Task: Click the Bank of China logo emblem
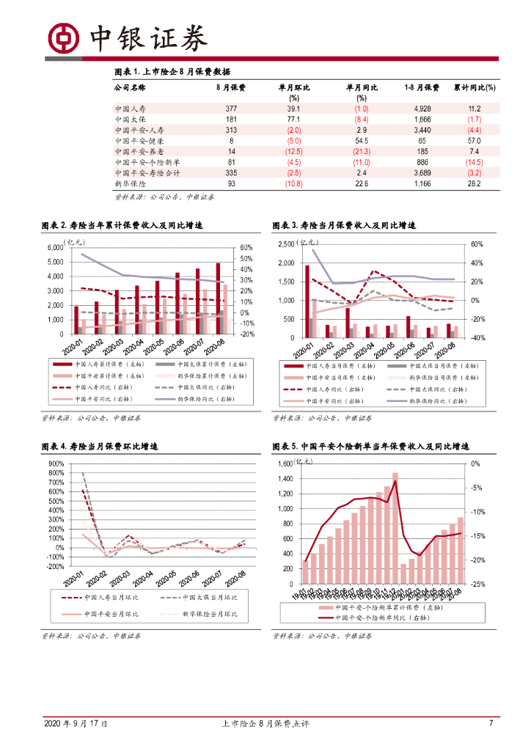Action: tap(62, 35)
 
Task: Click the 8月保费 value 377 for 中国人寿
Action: tap(231, 109)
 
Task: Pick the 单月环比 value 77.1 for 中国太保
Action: tap(294, 119)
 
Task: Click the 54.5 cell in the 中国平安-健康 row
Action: tap(362, 140)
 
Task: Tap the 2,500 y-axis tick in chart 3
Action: tap(285, 244)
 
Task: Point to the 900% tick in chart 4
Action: tap(55, 464)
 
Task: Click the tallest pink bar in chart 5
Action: tap(395, 528)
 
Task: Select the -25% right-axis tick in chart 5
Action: tap(475, 585)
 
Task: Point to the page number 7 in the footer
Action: tap(491, 724)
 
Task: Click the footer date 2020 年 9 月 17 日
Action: tap(76, 724)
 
